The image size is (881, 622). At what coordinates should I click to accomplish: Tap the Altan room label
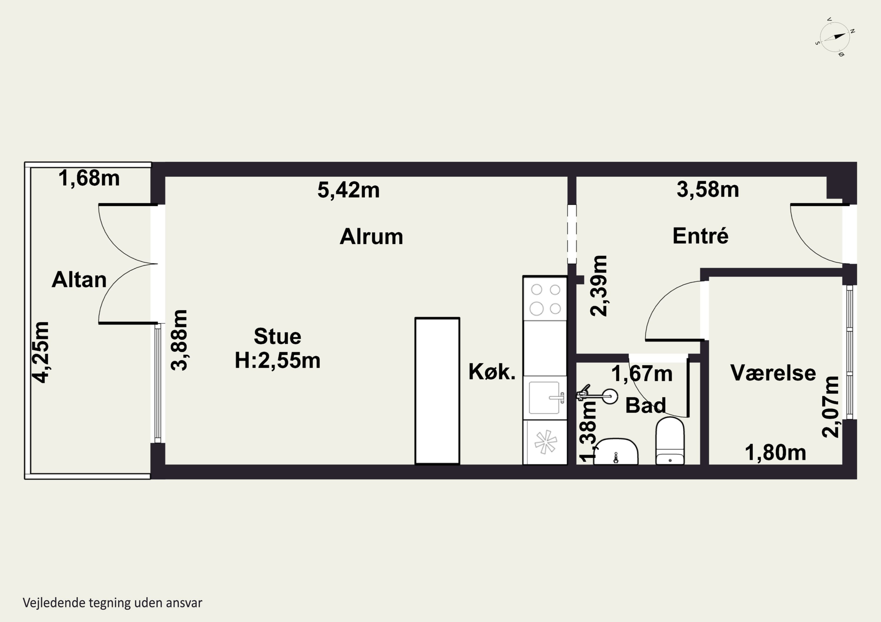[x=79, y=280]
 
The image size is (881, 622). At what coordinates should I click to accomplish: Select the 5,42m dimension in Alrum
[x=348, y=190]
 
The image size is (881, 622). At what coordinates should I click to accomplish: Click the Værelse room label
[x=773, y=373]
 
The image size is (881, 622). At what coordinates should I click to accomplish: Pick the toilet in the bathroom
[x=670, y=441]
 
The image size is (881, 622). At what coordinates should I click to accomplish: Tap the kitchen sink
[x=545, y=398]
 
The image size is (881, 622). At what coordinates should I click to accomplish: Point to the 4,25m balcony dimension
[x=41, y=352]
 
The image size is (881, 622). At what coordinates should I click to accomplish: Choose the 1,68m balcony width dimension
[x=89, y=178]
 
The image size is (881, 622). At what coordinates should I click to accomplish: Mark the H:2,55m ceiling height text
[x=278, y=361]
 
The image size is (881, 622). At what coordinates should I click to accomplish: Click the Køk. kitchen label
[x=492, y=372]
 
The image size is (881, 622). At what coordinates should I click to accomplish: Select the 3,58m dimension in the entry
[x=707, y=189]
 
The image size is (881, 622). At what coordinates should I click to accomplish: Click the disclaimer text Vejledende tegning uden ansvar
[x=112, y=602]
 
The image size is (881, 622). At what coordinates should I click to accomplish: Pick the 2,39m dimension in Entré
[x=598, y=286]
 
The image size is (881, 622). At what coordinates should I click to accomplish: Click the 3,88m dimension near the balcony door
[x=179, y=340]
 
